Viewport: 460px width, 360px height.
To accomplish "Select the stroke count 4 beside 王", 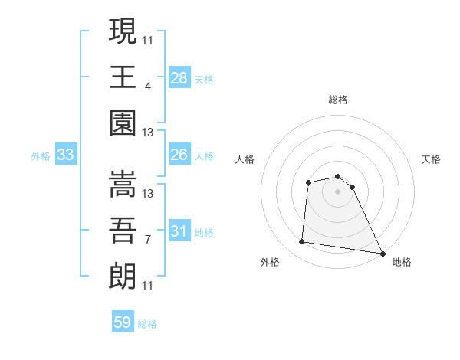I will coord(147,87).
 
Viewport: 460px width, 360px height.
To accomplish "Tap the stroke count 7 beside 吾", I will coord(147,240).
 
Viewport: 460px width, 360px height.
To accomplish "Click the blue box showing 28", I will coord(179,77).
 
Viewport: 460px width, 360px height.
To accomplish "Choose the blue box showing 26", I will coord(179,155).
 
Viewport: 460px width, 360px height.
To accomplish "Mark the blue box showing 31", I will coord(179,231).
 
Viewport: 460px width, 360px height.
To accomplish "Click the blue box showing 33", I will coord(66,155).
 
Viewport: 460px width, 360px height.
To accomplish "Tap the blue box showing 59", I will coord(123,322).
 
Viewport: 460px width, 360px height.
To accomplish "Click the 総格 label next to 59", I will coord(147,324).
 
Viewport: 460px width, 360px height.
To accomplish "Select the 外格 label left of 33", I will coord(41,156).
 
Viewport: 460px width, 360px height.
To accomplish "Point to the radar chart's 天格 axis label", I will coord(432,159).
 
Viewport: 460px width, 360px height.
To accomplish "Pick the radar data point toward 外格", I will coord(302,242).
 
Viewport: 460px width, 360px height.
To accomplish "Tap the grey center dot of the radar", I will coord(337,191).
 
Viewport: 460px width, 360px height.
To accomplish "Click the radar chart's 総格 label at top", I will coord(338,100).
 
